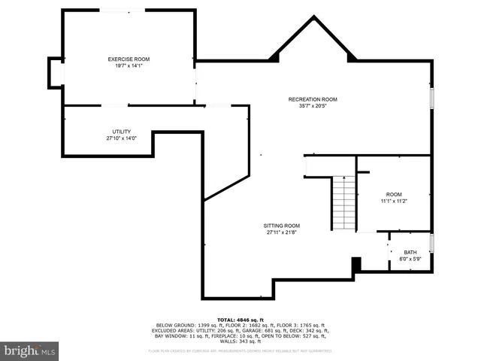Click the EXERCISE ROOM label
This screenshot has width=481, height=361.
(129, 59)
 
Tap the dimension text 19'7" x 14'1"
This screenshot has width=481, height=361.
(129, 65)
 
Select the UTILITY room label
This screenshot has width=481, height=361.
(122, 132)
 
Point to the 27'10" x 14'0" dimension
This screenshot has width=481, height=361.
(122, 138)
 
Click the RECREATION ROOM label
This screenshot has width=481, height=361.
(313, 99)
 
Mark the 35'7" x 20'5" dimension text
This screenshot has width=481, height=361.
(313, 106)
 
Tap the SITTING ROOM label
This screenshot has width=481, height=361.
(282, 226)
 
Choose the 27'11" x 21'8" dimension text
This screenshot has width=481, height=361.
(282, 232)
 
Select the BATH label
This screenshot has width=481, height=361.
(410, 253)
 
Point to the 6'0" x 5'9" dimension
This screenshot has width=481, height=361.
(410, 259)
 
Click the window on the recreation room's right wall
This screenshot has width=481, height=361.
(432, 98)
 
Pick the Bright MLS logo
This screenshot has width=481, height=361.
(30, 350)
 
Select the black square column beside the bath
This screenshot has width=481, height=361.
(357, 264)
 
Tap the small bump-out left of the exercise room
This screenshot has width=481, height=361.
(54, 73)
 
